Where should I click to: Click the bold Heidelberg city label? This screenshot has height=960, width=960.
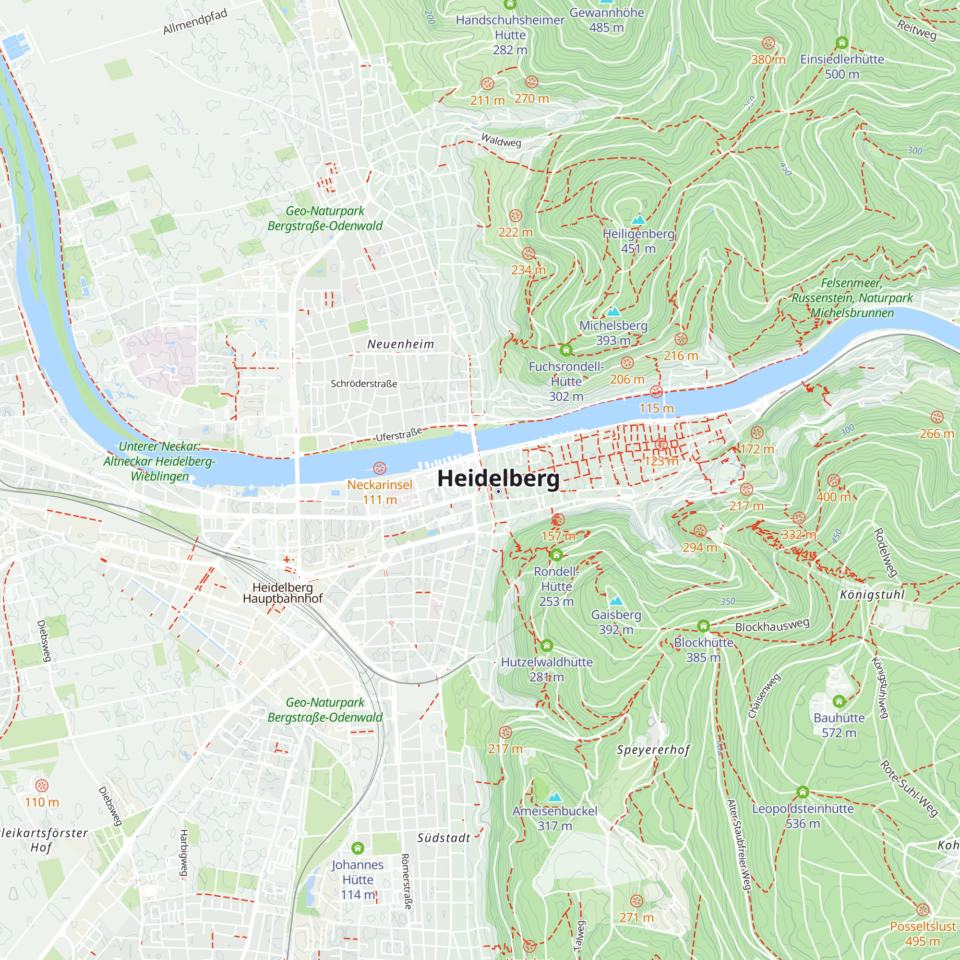tap(498, 478)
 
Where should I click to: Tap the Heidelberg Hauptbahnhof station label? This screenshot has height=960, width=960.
tap(282, 593)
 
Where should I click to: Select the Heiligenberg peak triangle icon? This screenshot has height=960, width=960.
tap(638, 219)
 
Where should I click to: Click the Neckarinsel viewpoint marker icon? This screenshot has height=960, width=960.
tap(380, 468)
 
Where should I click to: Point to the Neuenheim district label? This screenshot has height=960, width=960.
tap(400, 344)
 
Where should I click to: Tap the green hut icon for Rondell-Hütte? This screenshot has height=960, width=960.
tap(556, 554)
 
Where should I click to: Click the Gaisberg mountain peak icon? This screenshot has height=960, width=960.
tap(616, 600)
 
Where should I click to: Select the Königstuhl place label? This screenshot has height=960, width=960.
tap(872, 595)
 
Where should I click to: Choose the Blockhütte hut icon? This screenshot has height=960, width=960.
tap(703, 625)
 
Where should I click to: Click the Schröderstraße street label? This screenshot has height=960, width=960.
tap(364, 384)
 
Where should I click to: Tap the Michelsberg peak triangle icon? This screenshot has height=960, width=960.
tap(613, 312)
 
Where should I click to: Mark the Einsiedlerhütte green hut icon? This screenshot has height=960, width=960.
tap(842, 42)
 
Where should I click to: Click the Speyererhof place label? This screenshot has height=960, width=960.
tap(653, 750)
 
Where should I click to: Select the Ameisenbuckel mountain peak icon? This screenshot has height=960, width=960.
tap(554, 797)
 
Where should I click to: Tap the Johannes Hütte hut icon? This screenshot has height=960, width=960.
tap(357, 848)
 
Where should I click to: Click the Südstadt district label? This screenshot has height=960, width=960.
tap(444, 838)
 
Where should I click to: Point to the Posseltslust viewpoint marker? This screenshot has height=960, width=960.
tap(923, 910)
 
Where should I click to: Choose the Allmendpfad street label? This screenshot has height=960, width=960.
tap(195, 22)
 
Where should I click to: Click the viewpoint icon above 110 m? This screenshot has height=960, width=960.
tap(42, 786)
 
